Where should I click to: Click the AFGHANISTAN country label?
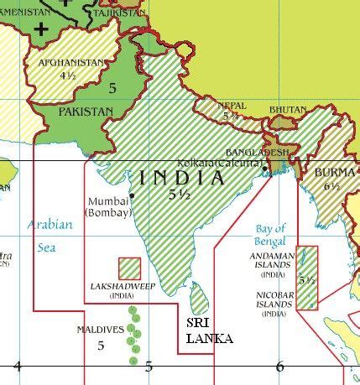tap(72, 62)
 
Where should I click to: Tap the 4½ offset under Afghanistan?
tap(68, 75)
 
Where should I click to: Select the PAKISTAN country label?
tap(84, 111)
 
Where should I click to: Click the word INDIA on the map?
tap(182, 178)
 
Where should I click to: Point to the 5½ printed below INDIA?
tap(178, 194)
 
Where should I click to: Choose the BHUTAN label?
tap(288, 110)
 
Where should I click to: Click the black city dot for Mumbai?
tap(133, 195)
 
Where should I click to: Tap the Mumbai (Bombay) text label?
tap(110, 207)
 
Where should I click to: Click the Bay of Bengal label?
tap(269, 234)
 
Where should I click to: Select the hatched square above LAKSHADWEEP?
tap(129, 268)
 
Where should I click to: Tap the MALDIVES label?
tap(99, 330)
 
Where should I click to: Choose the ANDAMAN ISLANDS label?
tap(273, 264)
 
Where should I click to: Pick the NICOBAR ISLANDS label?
tap(273, 304)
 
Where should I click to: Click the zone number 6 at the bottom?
tap(279, 366)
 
